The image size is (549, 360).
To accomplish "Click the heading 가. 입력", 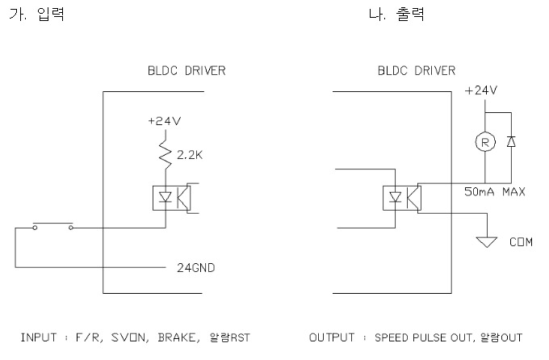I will click(36, 15).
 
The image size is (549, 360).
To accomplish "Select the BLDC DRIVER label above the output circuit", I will click(417, 71).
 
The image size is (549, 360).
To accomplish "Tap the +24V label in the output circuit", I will click(482, 90).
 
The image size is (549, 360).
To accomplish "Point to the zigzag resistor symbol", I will click(166, 152).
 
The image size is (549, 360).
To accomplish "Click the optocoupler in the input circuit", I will click(170, 196).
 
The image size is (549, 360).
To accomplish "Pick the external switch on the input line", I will click(52, 227).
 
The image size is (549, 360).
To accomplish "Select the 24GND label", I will click(194, 266).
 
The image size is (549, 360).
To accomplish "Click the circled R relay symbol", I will click(484, 142).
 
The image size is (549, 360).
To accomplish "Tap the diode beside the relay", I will click(510, 142).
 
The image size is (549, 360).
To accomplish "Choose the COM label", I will click(522, 241).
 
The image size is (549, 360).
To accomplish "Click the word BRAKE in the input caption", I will click(182, 337).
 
